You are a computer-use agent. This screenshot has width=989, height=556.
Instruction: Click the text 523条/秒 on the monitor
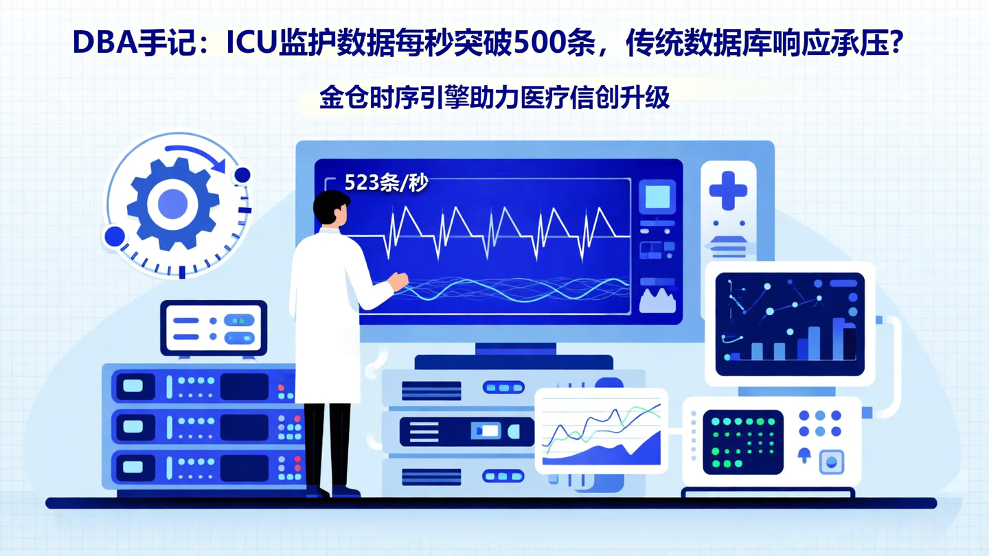386,183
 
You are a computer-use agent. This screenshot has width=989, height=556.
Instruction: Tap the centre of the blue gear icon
172,203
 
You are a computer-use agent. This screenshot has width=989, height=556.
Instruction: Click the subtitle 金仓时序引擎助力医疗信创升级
494,97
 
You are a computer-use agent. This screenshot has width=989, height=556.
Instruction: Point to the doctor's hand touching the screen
398,280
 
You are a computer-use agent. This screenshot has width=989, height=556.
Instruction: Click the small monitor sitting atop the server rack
214,327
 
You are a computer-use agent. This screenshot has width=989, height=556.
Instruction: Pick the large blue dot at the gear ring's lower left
115,237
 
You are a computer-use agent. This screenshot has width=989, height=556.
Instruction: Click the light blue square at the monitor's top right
657,197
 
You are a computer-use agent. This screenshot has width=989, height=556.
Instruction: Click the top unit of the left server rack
198,386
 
